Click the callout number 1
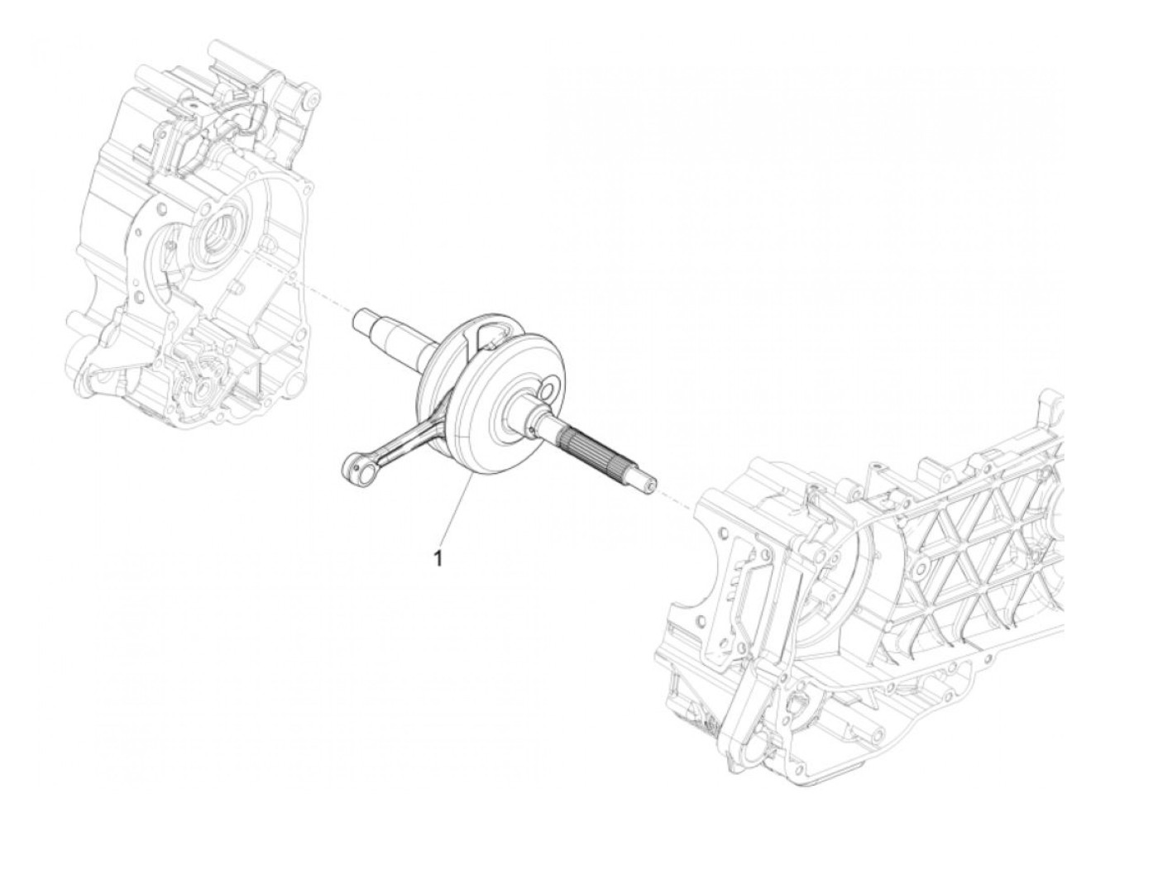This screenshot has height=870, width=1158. click(x=438, y=558)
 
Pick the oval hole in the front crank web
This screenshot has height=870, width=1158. click(x=547, y=390)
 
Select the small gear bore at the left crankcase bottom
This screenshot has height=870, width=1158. click(x=201, y=390)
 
